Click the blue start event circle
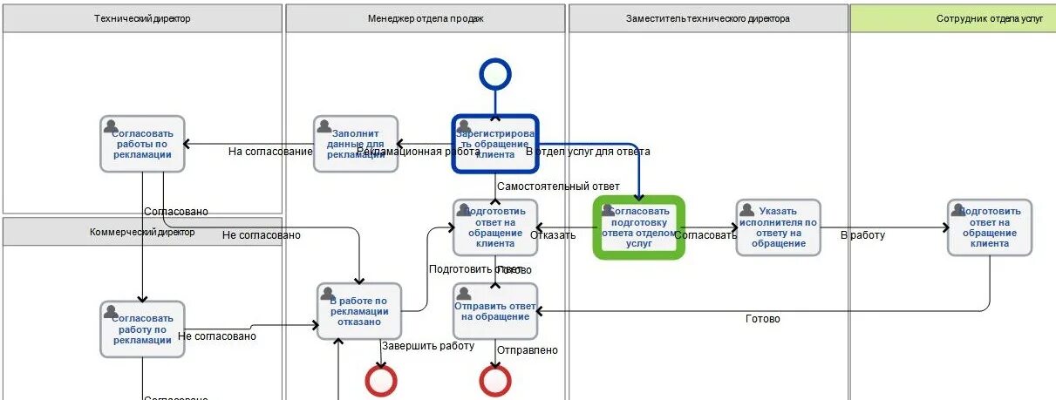(x=494, y=74)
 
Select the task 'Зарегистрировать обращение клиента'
(x=495, y=144)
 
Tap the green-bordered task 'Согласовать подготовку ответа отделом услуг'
(x=639, y=227)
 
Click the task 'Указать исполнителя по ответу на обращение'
(x=778, y=227)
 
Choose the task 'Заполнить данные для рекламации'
(x=355, y=144)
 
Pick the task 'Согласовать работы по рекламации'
(x=142, y=144)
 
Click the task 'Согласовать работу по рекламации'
(x=142, y=329)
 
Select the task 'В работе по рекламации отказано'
(x=358, y=311)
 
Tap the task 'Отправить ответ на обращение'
(x=495, y=311)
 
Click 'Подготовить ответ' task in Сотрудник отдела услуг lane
(x=990, y=227)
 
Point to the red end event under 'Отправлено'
(x=494, y=381)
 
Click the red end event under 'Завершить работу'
(x=381, y=381)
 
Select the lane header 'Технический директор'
(x=142, y=18)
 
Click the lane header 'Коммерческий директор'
(x=142, y=232)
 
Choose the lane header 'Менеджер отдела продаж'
(x=426, y=18)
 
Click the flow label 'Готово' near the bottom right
(x=763, y=319)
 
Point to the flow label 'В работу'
(x=862, y=235)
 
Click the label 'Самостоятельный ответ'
(x=558, y=186)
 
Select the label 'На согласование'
(x=270, y=152)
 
